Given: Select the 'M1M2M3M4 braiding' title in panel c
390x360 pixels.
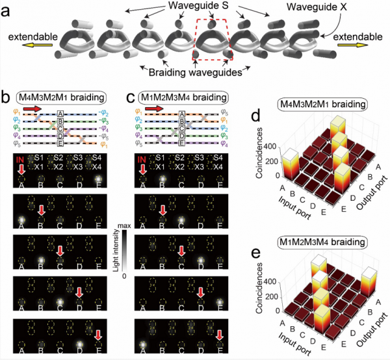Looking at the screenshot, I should tap(186, 97).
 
